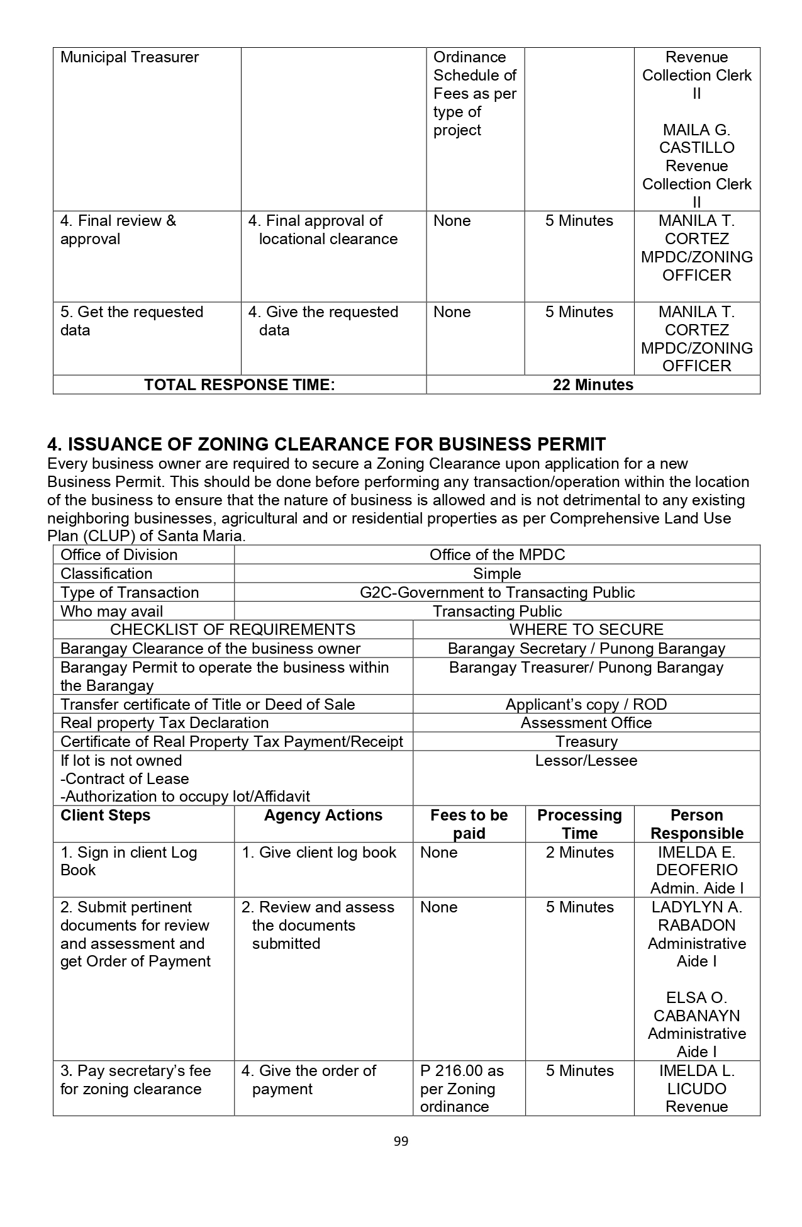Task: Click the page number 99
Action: (401, 1141)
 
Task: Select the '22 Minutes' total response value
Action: (593, 385)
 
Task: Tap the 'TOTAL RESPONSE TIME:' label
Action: (239, 385)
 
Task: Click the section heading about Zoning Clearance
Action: (326, 444)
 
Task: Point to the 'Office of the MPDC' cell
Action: (497, 554)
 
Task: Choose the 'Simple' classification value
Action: (497, 573)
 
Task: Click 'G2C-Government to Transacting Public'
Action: (497, 592)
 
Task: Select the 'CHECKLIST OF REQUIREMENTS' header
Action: (232, 629)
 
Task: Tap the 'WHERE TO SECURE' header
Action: (586, 629)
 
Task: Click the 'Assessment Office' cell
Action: (586, 722)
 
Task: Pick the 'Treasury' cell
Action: (586, 741)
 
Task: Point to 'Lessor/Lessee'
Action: (586, 760)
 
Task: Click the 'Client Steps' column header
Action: (106, 815)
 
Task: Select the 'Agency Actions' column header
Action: (323, 815)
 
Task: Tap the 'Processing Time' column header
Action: (579, 824)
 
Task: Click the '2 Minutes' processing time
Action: (579, 853)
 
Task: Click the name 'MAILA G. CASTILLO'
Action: (696, 139)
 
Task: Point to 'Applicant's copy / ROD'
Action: (586, 704)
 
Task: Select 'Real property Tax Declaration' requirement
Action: (165, 722)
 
